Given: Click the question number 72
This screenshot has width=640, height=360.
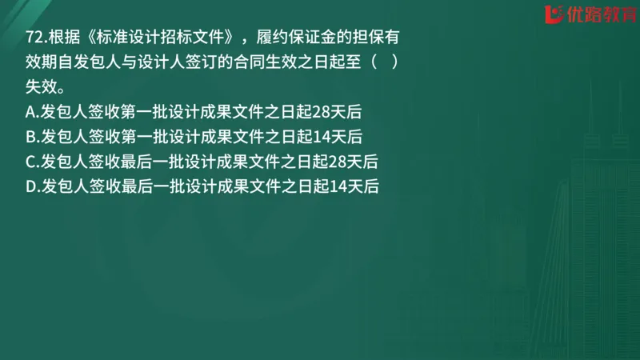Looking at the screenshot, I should point(34,38).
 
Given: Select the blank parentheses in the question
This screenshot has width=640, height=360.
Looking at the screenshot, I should point(383,62).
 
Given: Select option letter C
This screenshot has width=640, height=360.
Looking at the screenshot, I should point(31,161).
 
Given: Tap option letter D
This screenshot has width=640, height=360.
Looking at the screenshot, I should point(31,186).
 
